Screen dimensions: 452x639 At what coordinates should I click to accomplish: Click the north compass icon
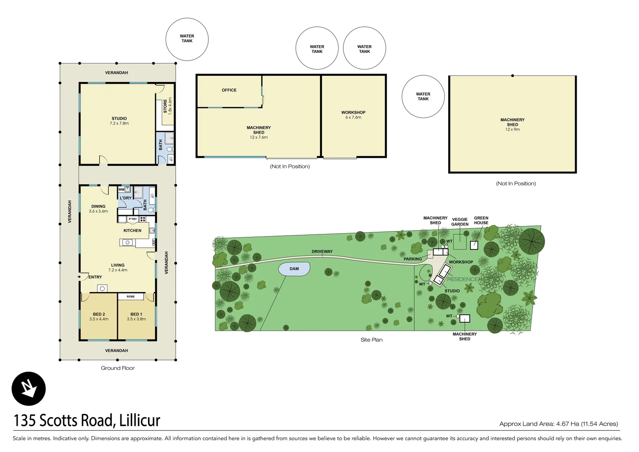coord(28,389)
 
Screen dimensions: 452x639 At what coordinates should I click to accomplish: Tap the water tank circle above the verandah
coord(187,39)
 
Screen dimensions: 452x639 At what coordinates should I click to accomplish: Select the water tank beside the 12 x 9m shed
coord(423,97)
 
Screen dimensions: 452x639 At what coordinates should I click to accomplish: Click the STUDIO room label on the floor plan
coord(119,121)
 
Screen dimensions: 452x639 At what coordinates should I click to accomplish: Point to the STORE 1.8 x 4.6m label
coord(167,106)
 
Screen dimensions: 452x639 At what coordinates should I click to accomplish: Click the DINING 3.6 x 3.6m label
coord(98,209)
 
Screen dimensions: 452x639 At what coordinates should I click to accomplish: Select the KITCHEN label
coord(132,231)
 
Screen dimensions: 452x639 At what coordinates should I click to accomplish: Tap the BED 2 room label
coord(99,316)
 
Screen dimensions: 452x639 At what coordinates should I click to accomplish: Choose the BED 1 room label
coord(136,316)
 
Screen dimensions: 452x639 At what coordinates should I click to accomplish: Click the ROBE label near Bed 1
coord(130,296)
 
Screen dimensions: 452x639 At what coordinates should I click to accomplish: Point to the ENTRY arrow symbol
coord(79,277)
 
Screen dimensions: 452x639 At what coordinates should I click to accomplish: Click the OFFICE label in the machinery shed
coord(229,90)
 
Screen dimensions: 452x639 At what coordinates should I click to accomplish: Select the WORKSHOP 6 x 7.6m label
coord(353,115)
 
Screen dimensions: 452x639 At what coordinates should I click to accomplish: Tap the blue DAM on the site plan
coord(294,269)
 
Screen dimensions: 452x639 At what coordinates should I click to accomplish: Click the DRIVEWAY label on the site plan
coord(322,252)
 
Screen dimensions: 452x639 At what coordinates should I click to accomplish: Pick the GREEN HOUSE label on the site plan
coord(481,221)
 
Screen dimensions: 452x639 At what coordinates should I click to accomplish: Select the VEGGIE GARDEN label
coord(460,222)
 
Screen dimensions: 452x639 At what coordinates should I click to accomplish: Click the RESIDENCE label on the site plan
coord(463,279)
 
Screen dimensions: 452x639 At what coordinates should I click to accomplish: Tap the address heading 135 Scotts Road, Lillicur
coord(87,420)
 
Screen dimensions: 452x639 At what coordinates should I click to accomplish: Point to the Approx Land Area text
coord(558,424)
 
